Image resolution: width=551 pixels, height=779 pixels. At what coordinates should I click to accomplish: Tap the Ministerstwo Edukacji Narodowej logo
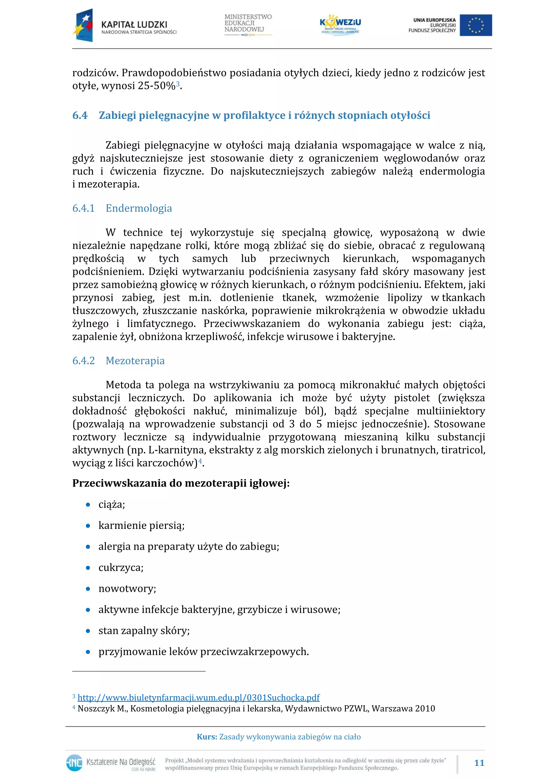[x=248, y=24]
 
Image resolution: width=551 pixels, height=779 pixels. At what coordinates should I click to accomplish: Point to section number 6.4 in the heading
[x=80, y=115]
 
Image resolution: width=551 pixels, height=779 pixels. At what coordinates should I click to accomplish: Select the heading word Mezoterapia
[x=135, y=360]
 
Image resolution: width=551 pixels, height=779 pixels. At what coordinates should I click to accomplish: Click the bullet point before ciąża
[x=88, y=505]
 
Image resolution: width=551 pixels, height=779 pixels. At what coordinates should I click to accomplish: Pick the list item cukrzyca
[x=121, y=568]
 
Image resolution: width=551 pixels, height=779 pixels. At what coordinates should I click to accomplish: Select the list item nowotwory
[x=127, y=589]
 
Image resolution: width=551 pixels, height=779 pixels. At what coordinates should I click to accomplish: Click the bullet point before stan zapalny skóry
[x=88, y=631]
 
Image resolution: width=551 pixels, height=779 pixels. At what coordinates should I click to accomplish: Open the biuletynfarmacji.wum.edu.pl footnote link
[x=199, y=698]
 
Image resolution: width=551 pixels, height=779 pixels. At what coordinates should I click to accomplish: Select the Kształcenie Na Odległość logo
[x=111, y=763]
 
